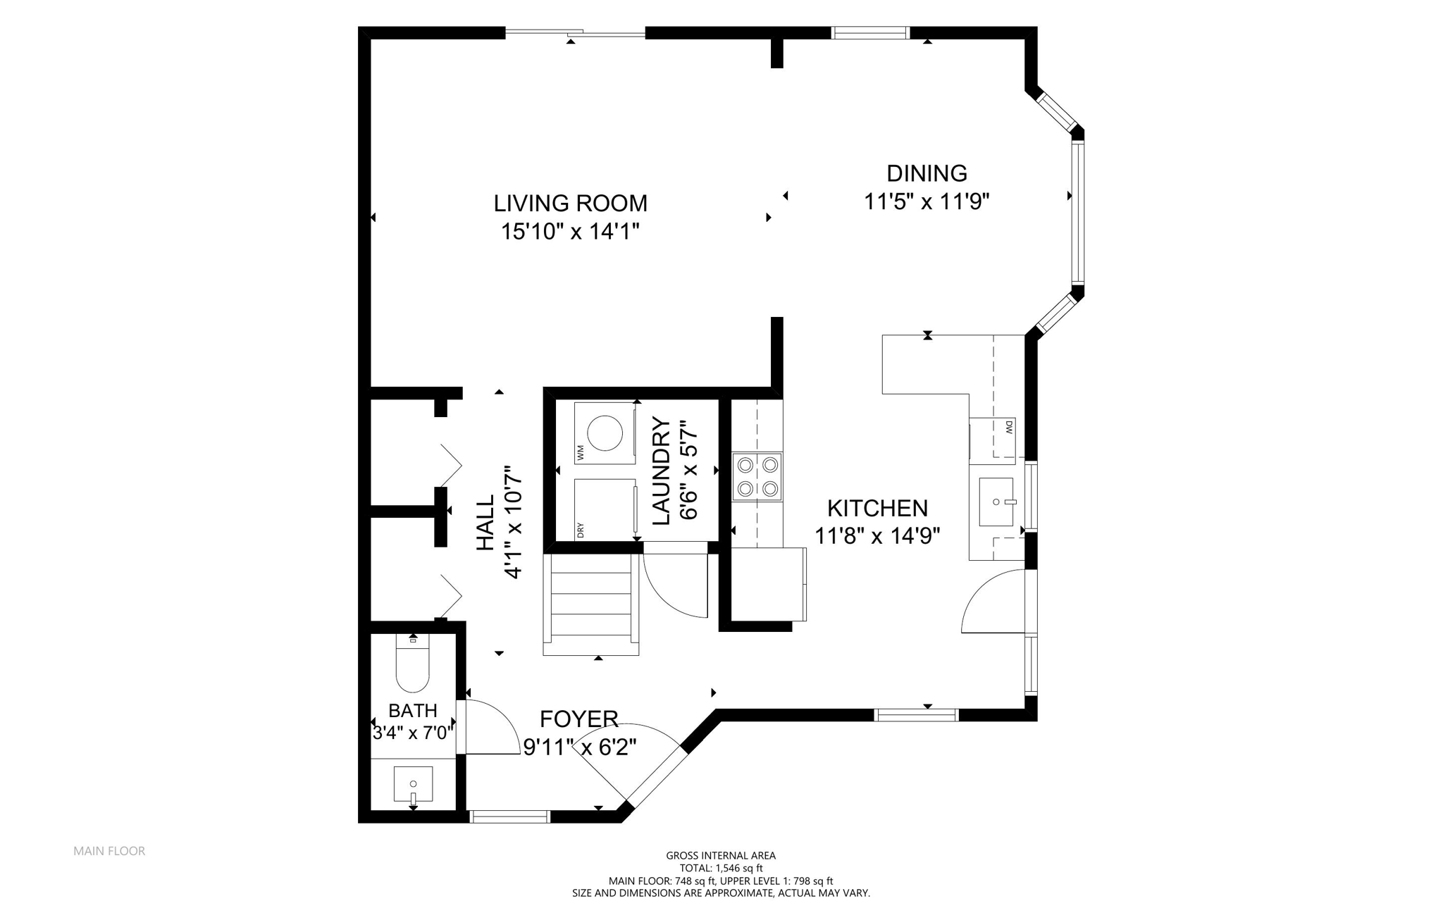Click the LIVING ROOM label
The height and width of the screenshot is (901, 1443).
pyautogui.click(x=570, y=203)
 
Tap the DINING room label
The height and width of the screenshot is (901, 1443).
pyautogui.click(x=927, y=173)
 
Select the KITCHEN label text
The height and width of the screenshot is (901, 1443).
pyautogui.click(x=877, y=508)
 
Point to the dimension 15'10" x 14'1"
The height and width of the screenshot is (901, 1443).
pyautogui.click(x=570, y=231)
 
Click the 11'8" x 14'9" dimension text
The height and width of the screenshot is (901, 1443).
pyautogui.click(x=877, y=536)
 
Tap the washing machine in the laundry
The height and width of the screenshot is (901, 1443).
pyautogui.click(x=605, y=433)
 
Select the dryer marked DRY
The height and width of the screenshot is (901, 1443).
pyautogui.click(x=605, y=509)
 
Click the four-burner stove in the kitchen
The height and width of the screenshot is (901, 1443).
pyautogui.click(x=757, y=477)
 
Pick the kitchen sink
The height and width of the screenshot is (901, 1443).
pyautogui.click(x=996, y=502)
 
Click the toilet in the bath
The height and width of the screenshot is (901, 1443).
pyautogui.click(x=413, y=663)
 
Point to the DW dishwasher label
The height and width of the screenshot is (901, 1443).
pyautogui.click(x=1009, y=426)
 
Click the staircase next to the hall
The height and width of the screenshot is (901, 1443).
pyautogui.click(x=590, y=604)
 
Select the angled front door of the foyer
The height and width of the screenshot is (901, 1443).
pyautogui.click(x=656, y=775)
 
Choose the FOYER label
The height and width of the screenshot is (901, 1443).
pyautogui.click(x=579, y=719)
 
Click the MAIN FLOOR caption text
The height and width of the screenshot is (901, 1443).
pyautogui.click(x=109, y=851)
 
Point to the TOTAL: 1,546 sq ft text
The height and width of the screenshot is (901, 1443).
pyautogui.click(x=721, y=869)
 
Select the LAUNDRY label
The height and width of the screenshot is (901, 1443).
pyautogui.click(x=661, y=471)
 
